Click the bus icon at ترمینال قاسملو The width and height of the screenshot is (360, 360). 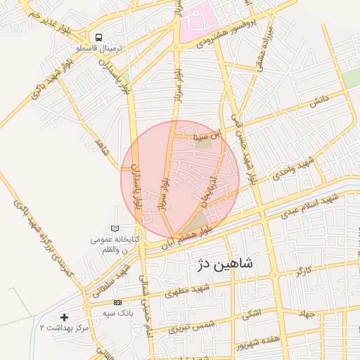coord(99,37)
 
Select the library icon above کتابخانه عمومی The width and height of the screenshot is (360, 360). coord(115,229)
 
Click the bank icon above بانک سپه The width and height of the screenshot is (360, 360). coord(117,302)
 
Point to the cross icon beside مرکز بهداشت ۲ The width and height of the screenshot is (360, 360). coord(65,318)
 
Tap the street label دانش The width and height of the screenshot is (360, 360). coord(318,101)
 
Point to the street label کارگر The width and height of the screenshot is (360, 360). coord(304,269)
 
